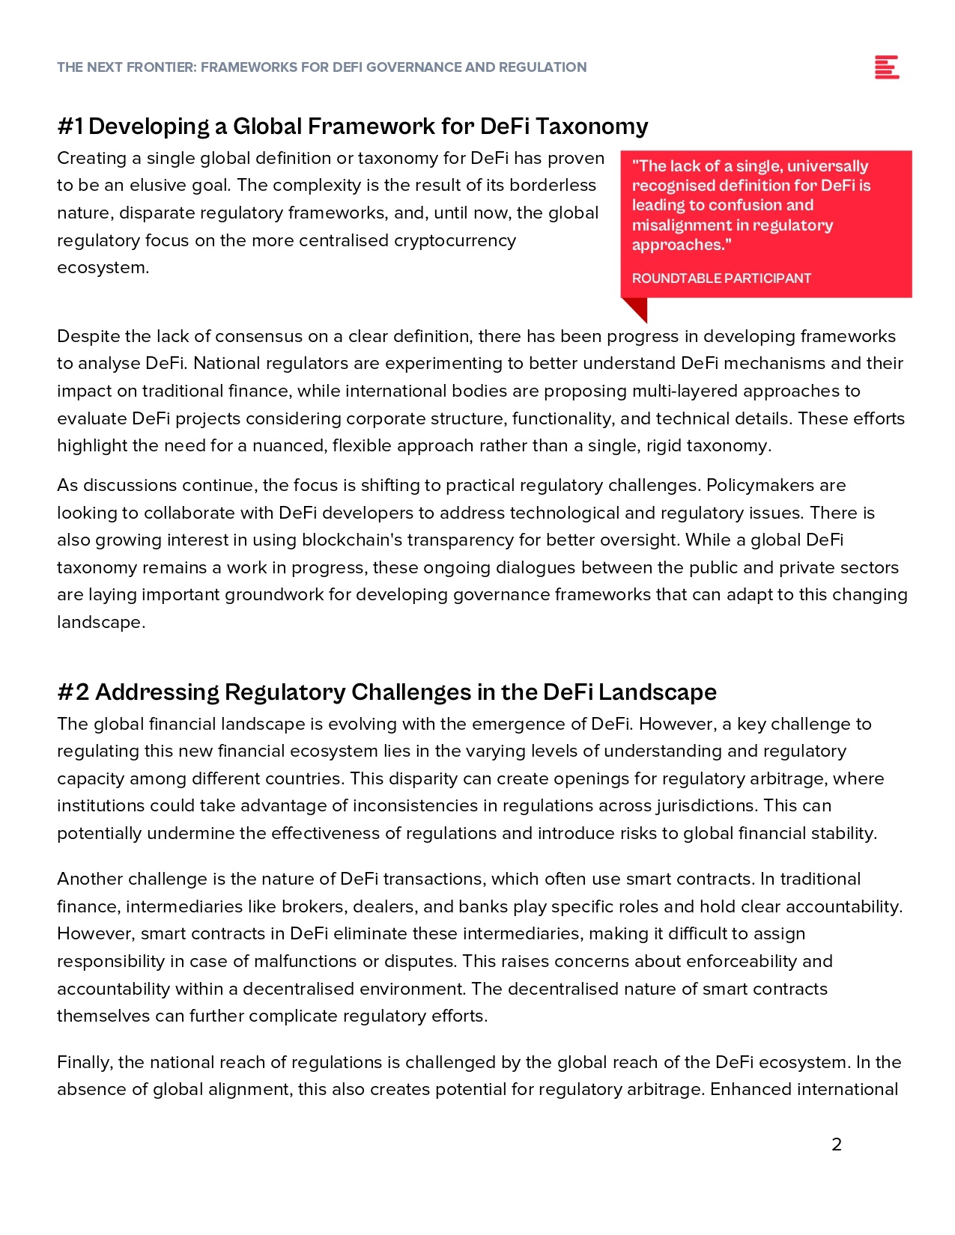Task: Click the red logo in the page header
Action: [x=886, y=67]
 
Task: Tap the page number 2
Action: [x=837, y=1144]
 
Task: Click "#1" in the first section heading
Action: [x=70, y=126]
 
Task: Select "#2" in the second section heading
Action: [x=73, y=692]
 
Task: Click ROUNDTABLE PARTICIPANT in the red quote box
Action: [x=721, y=278]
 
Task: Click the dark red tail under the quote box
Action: [x=636, y=308]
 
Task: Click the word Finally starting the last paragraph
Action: [x=84, y=1063]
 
